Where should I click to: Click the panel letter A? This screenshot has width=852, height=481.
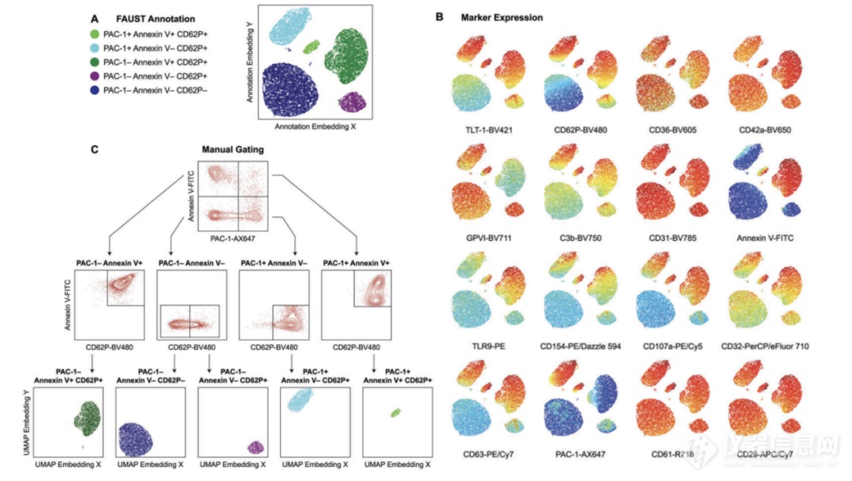[x=95, y=18]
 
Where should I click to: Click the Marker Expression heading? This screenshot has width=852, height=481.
[x=502, y=17]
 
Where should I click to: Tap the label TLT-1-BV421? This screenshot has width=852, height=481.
[x=490, y=127]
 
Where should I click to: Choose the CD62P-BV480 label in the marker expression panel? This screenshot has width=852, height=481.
[x=582, y=127]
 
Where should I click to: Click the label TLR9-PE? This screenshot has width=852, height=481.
[x=490, y=344]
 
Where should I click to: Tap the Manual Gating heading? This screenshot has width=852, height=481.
[x=233, y=148]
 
